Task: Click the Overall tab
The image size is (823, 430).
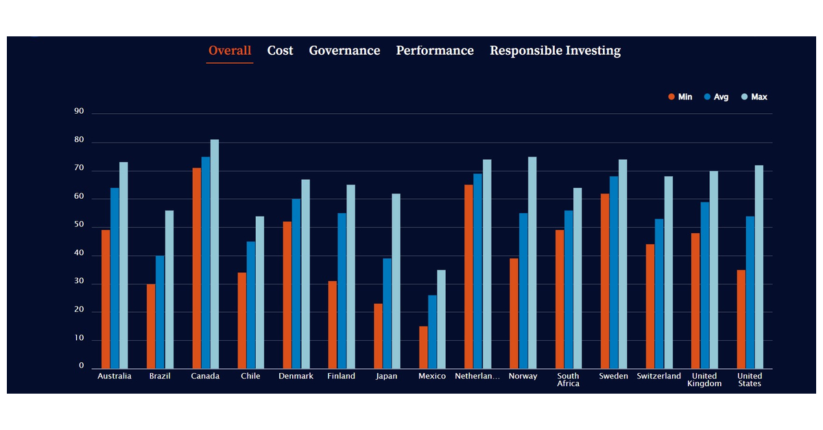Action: [x=230, y=51]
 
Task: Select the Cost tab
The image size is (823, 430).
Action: [x=280, y=51]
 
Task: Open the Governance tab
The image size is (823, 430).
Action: [x=344, y=51]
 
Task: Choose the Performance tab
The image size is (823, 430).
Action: [x=435, y=51]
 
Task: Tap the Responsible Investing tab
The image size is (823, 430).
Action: [x=555, y=51]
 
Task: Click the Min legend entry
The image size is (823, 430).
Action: [x=680, y=97]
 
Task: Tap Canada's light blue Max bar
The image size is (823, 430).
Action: [x=215, y=254]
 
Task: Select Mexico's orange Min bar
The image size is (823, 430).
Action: [x=423, y=347]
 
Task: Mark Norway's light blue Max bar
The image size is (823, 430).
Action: [x=532, y=263]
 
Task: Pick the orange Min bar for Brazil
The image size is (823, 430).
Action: [x=151, y=326]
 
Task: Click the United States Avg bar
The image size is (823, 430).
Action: [x=750, y=292]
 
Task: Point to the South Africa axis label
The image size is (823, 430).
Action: [x=568, y=380]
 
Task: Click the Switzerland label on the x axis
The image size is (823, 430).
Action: [x=658, y=376]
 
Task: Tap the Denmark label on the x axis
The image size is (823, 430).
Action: [x=296, y=376]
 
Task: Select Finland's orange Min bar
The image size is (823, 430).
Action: [x=333, y=324]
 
